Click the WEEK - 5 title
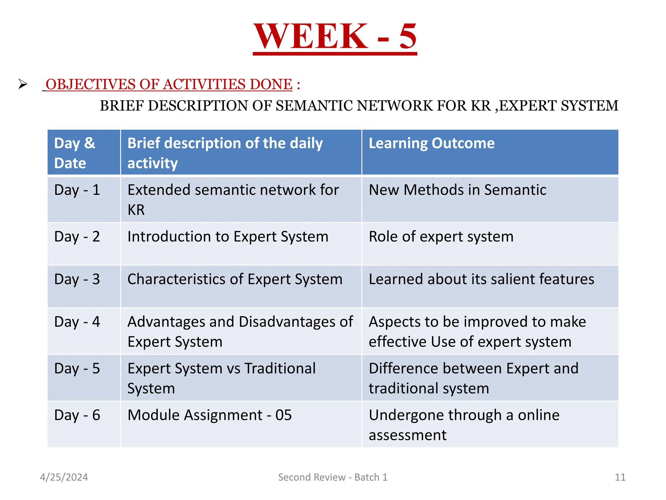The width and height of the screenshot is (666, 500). point(335,36)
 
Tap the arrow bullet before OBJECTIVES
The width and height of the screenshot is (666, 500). point(23,84)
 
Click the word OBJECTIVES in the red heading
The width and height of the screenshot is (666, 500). point(90,84)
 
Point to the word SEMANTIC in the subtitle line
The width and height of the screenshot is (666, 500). point(314,106)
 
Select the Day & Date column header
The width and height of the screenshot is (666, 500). point(75,153)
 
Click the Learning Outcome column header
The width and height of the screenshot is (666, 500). point(431,144)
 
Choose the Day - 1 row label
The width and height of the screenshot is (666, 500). point(77,190)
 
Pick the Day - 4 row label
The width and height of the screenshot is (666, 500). point(77,322)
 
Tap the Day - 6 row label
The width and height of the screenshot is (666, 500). point(77,415)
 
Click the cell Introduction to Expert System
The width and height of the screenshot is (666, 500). point(228,237)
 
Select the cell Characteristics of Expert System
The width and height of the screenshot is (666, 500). point(235,279)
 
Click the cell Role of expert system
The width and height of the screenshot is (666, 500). point(441,237)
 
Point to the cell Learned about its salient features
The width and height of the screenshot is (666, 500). point(481,279)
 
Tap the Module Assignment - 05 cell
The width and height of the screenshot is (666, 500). point(209,415)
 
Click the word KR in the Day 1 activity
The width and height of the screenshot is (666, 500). point(136,210)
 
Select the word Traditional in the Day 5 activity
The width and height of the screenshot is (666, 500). point(280,368)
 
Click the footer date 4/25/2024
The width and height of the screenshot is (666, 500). point(64,477)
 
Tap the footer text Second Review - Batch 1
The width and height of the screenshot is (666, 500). point(333,477)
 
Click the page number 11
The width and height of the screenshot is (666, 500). point(620,477)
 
